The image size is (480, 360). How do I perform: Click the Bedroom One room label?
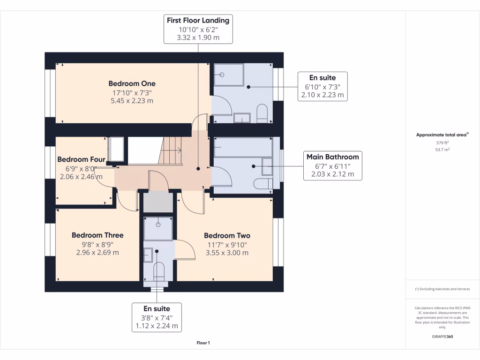tap(132, 83)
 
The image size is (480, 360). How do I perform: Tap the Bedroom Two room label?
tap(227, 236)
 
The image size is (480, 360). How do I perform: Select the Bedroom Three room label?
tap(97, 235)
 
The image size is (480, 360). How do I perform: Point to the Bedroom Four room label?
tap(81, 159)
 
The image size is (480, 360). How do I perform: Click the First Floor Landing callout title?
tap(198, 21)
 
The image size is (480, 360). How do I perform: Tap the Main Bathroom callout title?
tap(333, 157)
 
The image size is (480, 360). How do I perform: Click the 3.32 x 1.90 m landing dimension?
tap(198, 37)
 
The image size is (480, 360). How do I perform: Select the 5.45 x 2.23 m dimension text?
tap(132, 101)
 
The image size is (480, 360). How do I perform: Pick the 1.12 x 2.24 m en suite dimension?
tap(157, 326)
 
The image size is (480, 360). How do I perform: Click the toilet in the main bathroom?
tap(263, 184)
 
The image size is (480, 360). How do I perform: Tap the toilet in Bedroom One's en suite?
tap(262, 113)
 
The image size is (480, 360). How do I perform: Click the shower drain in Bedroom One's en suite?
tap(222, 75)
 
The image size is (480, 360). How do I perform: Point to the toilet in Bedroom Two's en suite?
tap(159, 271)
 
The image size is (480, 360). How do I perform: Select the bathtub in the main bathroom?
tap(243, 147)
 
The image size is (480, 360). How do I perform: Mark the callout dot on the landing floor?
tap(198, 169)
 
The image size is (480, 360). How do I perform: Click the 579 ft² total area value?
tap(442, 142)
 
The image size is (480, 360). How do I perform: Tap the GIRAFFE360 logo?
tap(442, 337)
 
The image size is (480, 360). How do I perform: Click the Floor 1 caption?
tap(203, 343)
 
